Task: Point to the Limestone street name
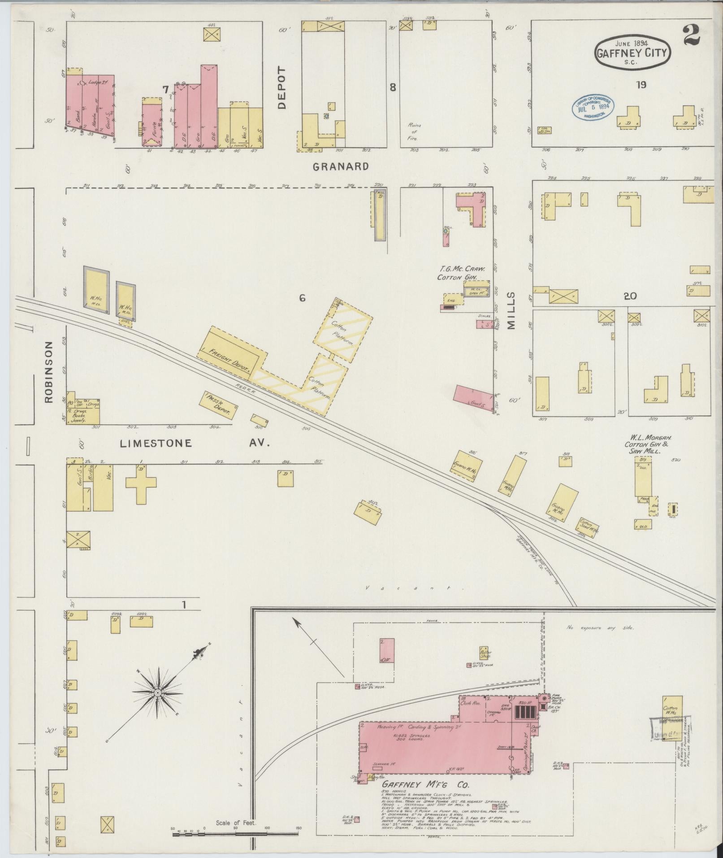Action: click(156, 444)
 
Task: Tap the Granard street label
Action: click(341, 166)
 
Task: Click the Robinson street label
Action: click(49, 372)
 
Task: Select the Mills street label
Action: click(511, 310)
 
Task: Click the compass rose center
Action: click(157, 706)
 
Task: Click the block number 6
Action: click(302, 297)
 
